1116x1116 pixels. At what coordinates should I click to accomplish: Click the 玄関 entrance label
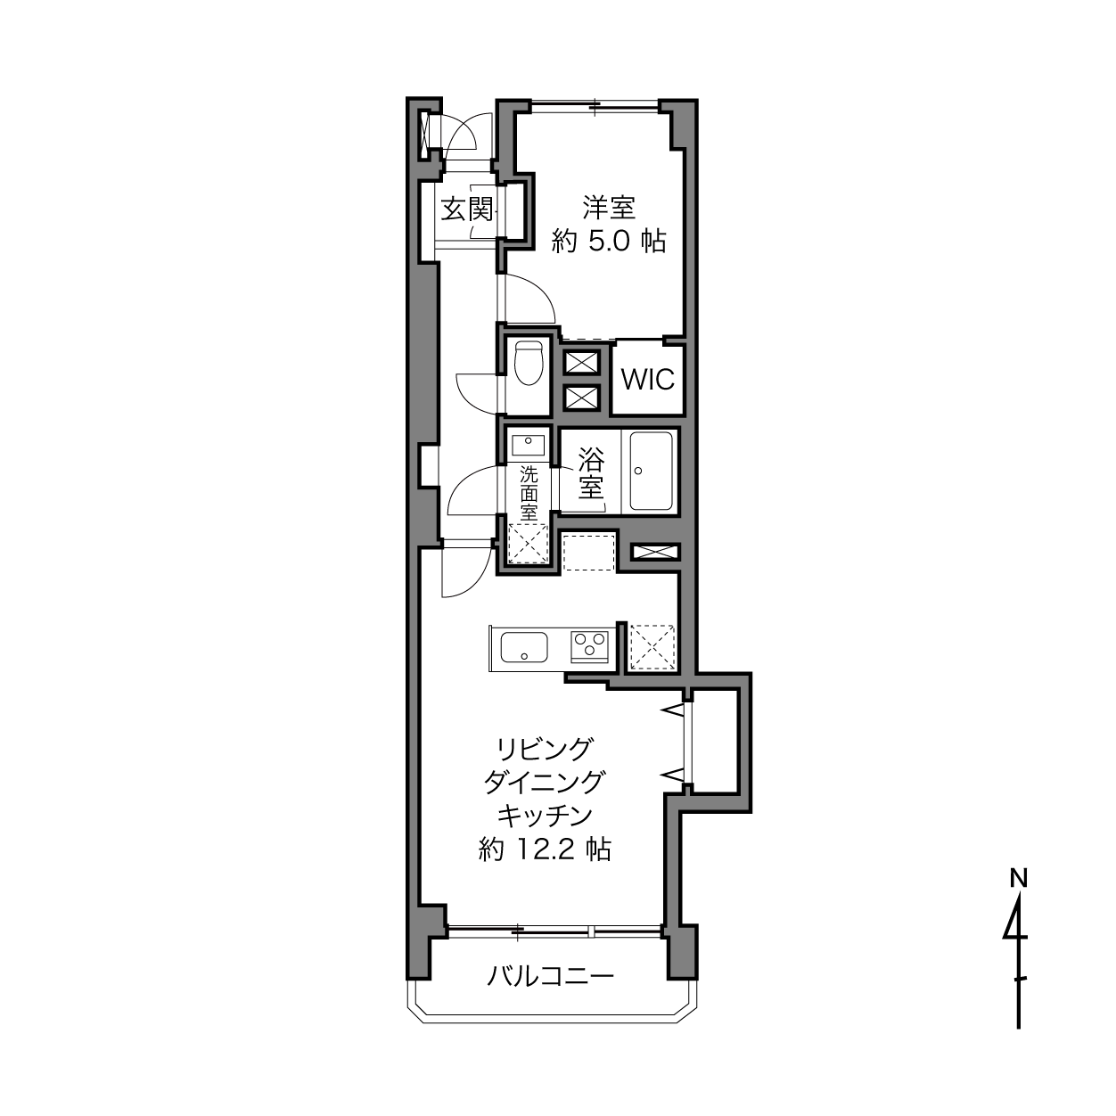click(467, 209)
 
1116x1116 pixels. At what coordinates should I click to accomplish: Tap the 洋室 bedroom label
click(609, 208)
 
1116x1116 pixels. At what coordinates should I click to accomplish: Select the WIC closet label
click(648, 380)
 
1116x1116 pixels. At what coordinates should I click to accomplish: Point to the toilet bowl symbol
click(528, 363)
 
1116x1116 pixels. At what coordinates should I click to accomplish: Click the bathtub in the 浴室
click(651, 471)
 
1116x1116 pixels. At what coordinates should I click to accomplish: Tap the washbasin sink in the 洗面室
click(528, 446)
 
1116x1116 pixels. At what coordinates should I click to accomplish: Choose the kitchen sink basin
click(524, 647)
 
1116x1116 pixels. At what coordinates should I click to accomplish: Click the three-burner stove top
click(589, 646)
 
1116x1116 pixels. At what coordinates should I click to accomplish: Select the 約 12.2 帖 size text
click(545, 849)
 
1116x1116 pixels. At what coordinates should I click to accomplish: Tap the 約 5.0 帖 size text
click(609, 242)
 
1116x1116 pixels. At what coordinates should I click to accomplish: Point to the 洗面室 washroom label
click(529, 494)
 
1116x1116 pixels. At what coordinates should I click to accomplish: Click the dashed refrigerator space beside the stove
click(652, 647)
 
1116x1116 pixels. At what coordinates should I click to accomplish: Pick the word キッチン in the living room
click(545, 816)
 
